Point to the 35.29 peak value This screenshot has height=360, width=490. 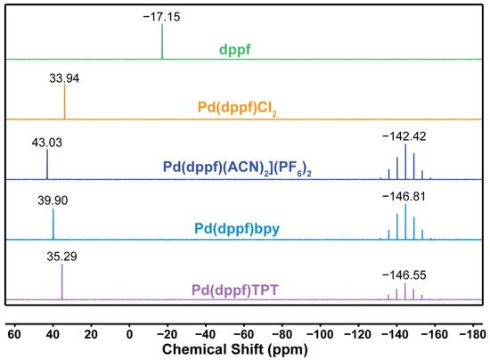point(61,261)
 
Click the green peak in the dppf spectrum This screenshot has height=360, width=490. point(162,41)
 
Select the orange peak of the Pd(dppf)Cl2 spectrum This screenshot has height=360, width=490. point(64,102)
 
